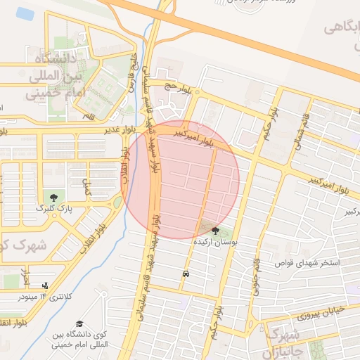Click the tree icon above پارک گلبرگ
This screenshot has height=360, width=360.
(53, 197)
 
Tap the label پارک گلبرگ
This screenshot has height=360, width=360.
(53, 210)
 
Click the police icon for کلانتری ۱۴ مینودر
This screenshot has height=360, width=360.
(45, 285)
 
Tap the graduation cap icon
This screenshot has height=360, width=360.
(79, 323)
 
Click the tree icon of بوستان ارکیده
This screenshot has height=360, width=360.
(215, 231)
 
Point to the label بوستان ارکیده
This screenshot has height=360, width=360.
(215, 242)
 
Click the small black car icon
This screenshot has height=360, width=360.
(185, 274)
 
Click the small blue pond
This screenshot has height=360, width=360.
(25, 13)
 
